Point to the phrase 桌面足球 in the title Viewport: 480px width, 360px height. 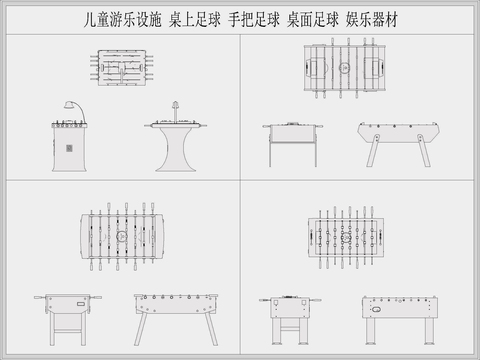point(313,19)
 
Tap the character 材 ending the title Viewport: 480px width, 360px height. point(393,19)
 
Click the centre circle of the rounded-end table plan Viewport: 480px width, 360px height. point(120,238)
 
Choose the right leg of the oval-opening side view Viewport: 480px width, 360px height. point(429,331)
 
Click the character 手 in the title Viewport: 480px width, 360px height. point(234,19)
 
